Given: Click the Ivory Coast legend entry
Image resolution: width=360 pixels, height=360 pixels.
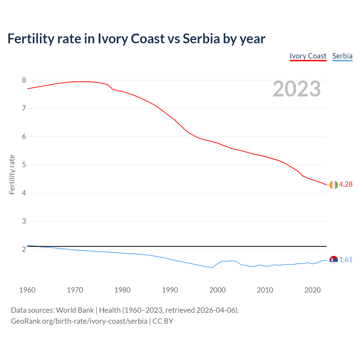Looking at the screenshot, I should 308,56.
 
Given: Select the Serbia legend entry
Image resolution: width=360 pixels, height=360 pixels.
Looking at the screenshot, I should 342,56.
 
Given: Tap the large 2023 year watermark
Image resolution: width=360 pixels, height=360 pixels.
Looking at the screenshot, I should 297,89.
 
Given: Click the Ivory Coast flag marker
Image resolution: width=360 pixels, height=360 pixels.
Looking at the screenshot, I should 333,185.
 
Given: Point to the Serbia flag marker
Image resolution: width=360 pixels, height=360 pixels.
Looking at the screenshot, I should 333,260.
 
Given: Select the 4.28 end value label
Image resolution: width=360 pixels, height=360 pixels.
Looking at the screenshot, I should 346,184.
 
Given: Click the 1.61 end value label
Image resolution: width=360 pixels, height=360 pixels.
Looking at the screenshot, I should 346,260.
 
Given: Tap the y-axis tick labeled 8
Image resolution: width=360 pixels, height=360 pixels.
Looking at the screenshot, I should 24,80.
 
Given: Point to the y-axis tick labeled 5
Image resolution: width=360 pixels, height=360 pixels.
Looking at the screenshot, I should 24,165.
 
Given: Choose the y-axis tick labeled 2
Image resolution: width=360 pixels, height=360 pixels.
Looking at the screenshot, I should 24,249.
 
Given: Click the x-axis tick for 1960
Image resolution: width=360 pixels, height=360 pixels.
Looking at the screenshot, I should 27,290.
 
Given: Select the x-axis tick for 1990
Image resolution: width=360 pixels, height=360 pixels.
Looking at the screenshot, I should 170,290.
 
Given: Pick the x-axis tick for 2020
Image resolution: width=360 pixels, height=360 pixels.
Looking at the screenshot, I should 312,290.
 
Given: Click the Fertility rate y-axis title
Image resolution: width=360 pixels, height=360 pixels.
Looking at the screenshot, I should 12,174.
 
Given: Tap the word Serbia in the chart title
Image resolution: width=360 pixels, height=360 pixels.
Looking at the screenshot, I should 201,39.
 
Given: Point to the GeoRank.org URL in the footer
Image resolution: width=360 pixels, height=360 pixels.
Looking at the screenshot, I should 79,321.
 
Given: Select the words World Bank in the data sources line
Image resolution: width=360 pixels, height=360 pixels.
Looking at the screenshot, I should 75,310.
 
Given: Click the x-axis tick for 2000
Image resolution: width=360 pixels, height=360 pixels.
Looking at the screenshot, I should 217,290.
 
